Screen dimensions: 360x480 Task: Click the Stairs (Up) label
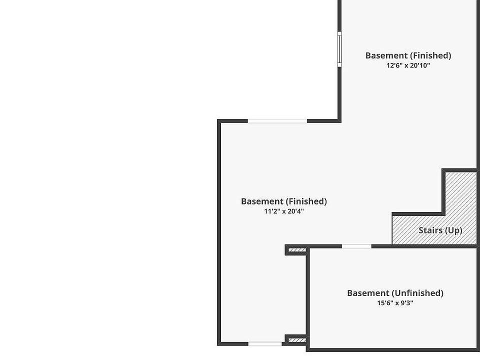point(440,230)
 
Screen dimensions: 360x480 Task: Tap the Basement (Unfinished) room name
point(395,293)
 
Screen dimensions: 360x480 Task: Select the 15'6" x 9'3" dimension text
point(395,303)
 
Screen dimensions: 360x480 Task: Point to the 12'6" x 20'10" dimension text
point(408,65)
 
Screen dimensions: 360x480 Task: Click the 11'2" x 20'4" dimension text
point(284,211)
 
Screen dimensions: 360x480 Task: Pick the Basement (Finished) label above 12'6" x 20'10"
point(408,55)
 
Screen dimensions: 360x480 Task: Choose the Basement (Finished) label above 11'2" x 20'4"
point(284,201)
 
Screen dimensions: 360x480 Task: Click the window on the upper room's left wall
point(339,49)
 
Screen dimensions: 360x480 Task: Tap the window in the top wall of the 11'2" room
point(277,121)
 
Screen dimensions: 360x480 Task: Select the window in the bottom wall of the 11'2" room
point(265,343)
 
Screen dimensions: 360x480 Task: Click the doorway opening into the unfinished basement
point(356,246)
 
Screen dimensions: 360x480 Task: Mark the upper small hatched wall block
point(297,250)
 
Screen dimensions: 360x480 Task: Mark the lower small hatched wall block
point(297,340)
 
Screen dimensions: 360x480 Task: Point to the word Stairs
point(430,230)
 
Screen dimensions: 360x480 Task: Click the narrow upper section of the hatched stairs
point(460,192)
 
